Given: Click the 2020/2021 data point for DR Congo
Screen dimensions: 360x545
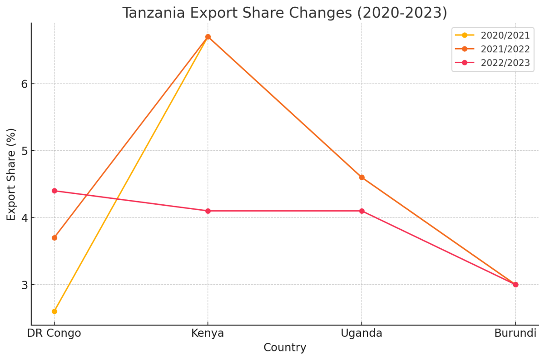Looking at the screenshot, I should coord(54,311).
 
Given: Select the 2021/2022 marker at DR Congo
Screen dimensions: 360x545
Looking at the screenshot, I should coord(54,238).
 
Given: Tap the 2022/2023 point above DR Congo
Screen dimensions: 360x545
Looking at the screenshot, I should coord(54,191).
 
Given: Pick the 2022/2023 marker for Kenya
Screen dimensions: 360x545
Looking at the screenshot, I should coord(208,211).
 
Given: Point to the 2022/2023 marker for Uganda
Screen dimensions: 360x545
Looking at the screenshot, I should coord(362,211).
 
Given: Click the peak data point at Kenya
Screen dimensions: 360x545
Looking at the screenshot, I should coord(208,37).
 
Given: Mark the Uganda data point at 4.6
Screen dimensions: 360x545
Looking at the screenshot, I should coord(362,178).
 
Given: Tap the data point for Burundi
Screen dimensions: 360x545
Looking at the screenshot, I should coord(515,285).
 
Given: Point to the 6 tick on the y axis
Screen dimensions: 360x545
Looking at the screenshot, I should coord(25,84).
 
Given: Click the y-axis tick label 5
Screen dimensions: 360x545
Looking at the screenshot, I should coord(25,151).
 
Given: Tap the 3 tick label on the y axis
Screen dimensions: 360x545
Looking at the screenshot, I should coord(25,285).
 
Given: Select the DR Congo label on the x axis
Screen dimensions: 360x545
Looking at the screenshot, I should coord(54,334).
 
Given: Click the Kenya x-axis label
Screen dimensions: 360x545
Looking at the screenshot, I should coord(208,334).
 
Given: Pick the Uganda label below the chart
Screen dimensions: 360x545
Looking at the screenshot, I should coord(362,334).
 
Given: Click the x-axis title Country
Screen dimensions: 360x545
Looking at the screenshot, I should coord(285,348).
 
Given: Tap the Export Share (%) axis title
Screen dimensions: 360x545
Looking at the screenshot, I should coord(11,174).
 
